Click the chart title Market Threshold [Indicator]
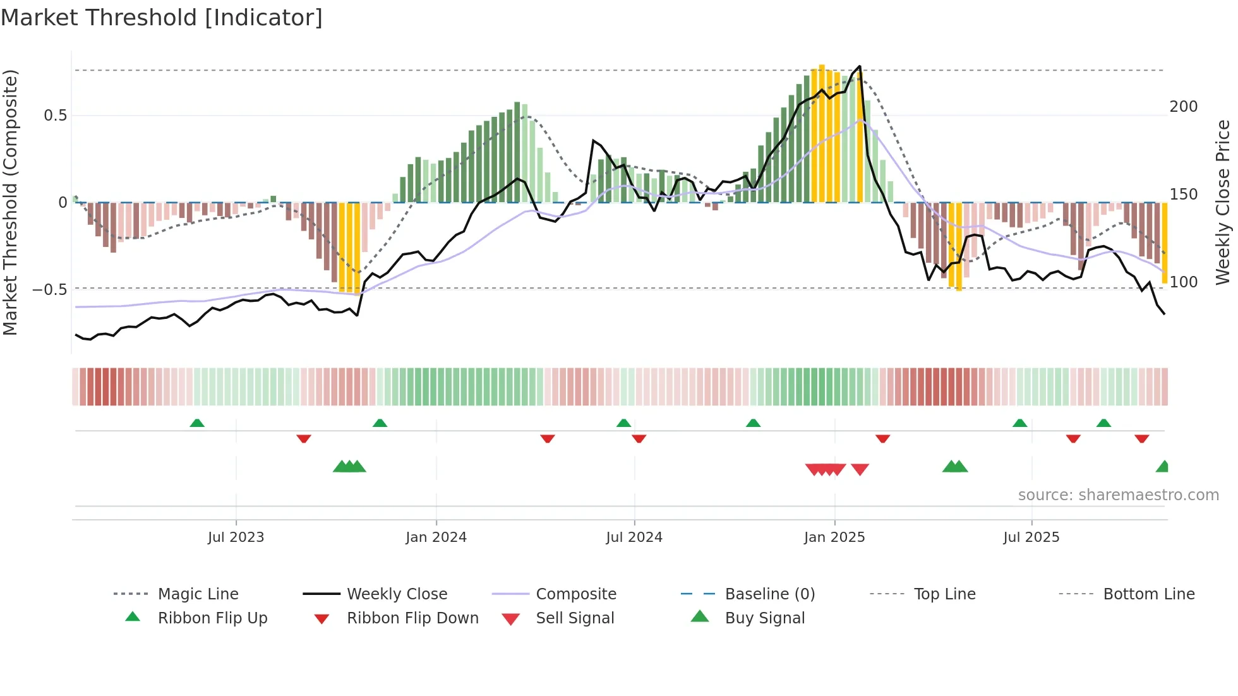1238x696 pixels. [162, 18]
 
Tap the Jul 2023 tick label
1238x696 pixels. [236, 537]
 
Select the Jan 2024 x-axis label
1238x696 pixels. [436, 537]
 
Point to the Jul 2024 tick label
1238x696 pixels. [634, 537]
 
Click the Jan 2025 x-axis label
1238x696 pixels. [834, 537]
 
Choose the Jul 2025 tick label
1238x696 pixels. [1031, 537]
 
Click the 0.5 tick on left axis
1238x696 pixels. [55, 116]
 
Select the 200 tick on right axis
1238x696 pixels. [1183, 107]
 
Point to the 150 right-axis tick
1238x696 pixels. [1183, 195]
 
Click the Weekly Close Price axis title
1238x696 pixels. [1223, 202]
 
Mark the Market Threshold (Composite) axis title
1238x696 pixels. [10, 202]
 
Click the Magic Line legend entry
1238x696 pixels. [198, 594]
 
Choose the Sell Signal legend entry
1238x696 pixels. [574, 618]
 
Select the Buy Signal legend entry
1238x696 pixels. [764, 618]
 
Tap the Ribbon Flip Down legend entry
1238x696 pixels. [412, 618]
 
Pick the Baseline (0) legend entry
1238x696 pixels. [769, 594]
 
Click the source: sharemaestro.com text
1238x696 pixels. [1118, 495]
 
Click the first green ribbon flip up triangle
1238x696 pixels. [197, 423]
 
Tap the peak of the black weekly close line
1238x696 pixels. [860, 66]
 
